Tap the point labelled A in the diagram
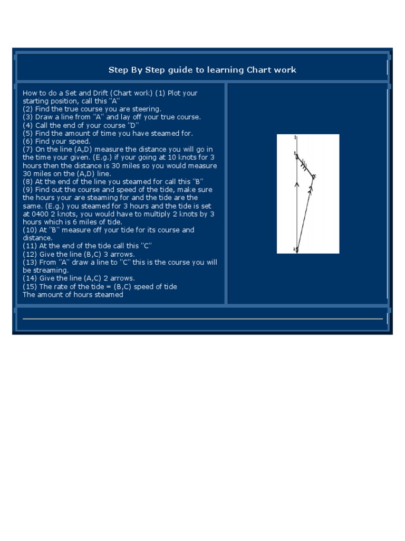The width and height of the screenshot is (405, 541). pyautogui.click(x=297, y=249)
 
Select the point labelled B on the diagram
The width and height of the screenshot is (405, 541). pyautogui.click(x=296, y=156)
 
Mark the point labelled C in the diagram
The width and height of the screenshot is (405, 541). pyautogui.click(x=313, y=176)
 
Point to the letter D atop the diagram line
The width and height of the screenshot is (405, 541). pyautogui.click(x=296, y=137)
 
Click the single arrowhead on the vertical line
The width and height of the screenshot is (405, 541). pyautogui.click(x=297, y=184)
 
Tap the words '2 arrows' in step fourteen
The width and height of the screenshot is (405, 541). pyautogui.click(x=121, y=278)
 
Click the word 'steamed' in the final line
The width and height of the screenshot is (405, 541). pyautogui.click(x=109, y=295)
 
